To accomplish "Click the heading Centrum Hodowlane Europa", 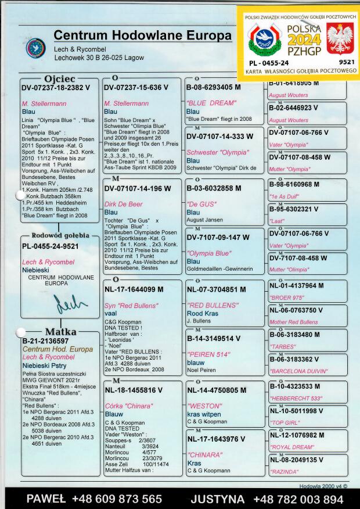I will coord(142,35).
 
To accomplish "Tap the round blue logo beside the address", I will coord(36,48).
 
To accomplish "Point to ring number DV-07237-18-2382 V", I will coord(56,87).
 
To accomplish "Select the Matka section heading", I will coord(61,332).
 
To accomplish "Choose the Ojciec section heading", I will coord(60,78).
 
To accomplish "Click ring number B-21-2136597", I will coord(46,341).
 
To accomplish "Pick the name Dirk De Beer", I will coord(123,204).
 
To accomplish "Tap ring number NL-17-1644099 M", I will coord(134,289).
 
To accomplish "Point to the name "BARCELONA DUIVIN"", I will coord(298,370).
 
